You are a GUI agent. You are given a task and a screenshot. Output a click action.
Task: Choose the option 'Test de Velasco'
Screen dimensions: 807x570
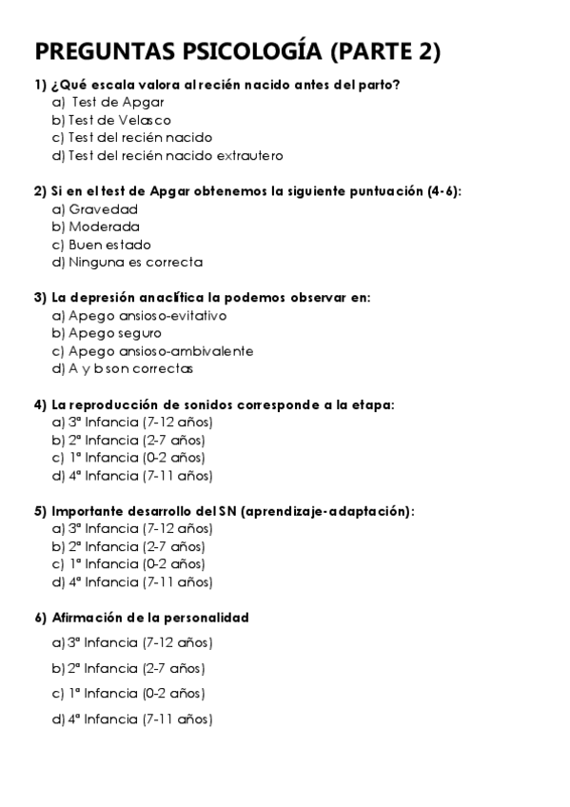click(x=119, y=120)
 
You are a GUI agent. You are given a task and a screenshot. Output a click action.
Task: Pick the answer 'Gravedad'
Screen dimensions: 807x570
click(x=103, y=209)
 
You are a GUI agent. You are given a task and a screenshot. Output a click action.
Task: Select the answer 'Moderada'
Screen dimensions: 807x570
click(x=104, y=226)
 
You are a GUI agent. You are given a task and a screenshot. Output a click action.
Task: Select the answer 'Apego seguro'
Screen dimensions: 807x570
click(x=114, y=333)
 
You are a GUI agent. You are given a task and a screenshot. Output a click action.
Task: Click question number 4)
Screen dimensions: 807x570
click(x=40, y=404)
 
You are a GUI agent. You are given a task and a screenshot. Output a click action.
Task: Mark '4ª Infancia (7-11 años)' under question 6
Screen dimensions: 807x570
click(x=140, y=719)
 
